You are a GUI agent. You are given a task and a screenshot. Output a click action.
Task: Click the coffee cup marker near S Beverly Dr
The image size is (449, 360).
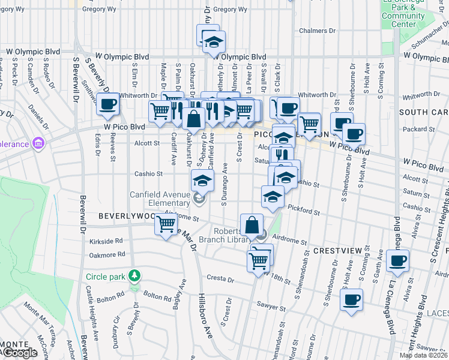pos(107,104)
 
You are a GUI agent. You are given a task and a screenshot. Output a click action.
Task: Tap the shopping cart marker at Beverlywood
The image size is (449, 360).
pos(166,226)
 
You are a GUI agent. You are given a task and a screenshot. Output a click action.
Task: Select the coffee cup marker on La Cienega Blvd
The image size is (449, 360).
pos(397,260)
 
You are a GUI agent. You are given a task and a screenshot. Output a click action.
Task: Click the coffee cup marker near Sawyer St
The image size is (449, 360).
pos(352,299)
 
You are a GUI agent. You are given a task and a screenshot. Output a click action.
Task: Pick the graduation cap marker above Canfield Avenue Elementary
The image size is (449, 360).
pos(202,179)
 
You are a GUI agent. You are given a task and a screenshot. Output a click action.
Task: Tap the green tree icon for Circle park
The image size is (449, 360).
pos(136,276)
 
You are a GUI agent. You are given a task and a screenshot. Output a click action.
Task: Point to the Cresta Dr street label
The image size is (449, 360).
pos(219,278)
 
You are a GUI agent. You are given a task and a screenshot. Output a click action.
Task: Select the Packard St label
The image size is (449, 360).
pos(414,128)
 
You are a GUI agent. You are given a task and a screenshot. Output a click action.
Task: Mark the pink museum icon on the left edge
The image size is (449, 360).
pos(39,143)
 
